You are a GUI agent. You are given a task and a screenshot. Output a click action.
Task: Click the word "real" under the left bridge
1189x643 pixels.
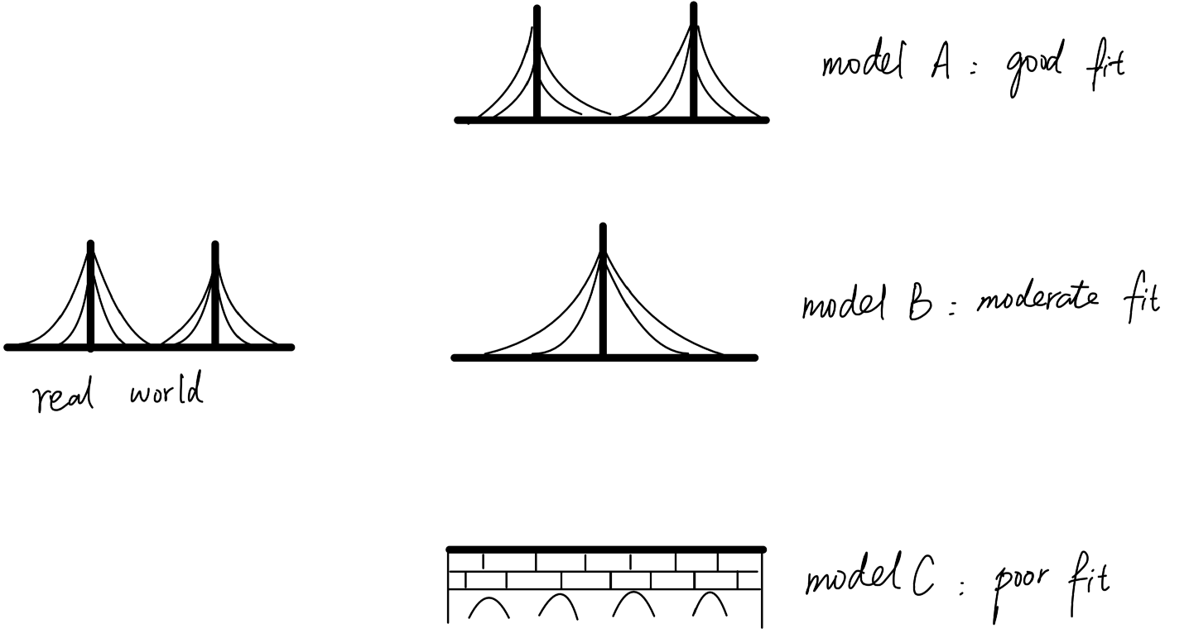coord(63,394)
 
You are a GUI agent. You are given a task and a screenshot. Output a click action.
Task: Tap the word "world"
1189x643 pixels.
coord(166,390)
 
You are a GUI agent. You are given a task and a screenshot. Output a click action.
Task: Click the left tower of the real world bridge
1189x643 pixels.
coord(91,295)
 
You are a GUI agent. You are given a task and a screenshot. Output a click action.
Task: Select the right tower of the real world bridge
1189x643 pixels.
coord(215,295)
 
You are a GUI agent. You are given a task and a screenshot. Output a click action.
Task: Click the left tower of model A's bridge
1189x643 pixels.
coord(537,63)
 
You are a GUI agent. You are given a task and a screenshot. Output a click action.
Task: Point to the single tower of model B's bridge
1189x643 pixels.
coord(603,290)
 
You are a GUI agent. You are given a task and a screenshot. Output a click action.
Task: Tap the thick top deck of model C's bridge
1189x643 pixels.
coord(606,549)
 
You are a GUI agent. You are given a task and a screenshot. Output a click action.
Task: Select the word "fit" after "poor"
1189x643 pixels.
coord(1089,583)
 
